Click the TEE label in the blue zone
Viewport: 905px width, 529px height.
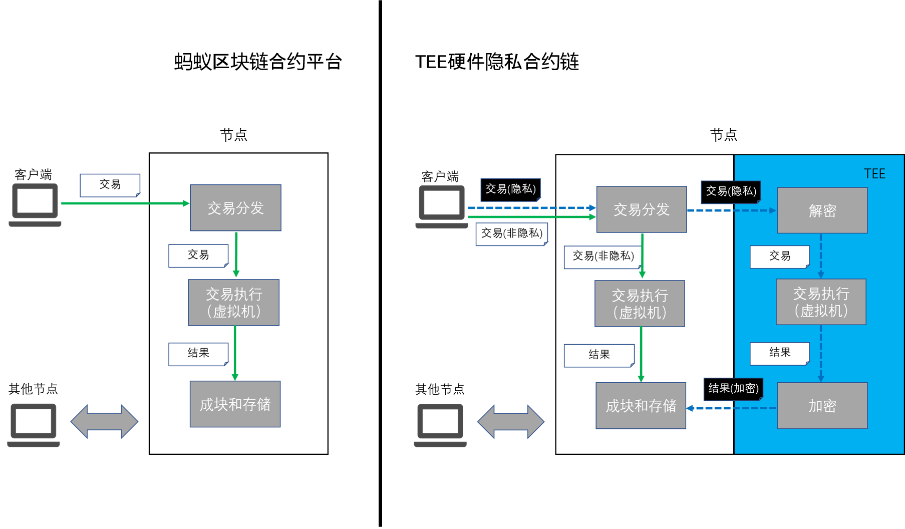pyautogui.click(x=874, y=174)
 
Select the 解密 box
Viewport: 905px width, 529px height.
pyautogui.click(x=822, y=210)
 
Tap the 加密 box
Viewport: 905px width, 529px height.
pyautogui.click(x=822, y=406)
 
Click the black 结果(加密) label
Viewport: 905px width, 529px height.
pyautogui.click(x=733, y=389)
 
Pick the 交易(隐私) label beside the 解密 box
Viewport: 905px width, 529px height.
pyautogui.click(x=730, y=191)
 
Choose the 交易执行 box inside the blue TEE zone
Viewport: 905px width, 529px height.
pyautogui.click(x=821, y=302)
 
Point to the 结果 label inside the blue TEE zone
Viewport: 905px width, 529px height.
pyautogui.click(x=779, y=353)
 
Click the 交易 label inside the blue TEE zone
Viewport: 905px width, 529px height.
pyautogui.click(x=779, y=256)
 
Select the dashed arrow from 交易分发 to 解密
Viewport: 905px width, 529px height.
pyautogui.click(x=731, y=210)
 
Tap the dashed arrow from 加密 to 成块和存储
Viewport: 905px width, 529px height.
pyautogui.click(x=731, y=408)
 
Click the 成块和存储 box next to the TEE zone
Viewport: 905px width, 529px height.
pyautogui.click(x=641, y=406)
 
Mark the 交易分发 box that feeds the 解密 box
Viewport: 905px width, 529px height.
pyautogui.click(x=641, y=209)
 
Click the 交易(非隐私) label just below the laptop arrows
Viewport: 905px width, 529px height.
pyautogui.click(x=511, y=233)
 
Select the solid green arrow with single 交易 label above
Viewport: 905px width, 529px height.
pyautogui.click(x=125, y=203)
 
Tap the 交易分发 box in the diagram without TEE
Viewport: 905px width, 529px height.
pyautogui.click(x=235, y=208)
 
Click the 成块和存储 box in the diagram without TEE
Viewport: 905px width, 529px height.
pyautogui.click(x=235, y=404)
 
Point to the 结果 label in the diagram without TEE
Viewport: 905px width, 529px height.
pyautogui.click(x=198, y=354)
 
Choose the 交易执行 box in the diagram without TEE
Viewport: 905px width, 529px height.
pyautogui.click(x=234, y=303)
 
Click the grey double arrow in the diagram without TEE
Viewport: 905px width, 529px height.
pyautogui.click(x=104, y=421)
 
